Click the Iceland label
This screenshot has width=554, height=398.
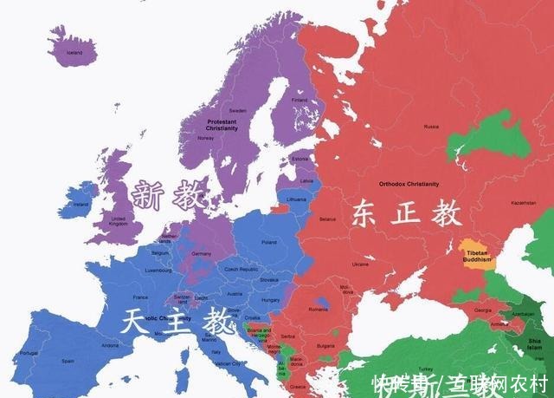(74, 52)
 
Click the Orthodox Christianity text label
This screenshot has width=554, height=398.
(409, 184)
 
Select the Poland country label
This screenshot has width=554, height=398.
(268, 243)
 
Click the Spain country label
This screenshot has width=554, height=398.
(68, 361)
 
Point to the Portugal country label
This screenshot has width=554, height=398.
(30, 353)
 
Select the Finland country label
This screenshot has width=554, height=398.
(300, 100)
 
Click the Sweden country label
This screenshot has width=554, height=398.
(238, 111)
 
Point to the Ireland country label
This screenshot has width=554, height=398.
(81, 205)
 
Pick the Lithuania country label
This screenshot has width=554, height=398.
(296, 199)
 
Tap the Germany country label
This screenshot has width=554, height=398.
(202, 253)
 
